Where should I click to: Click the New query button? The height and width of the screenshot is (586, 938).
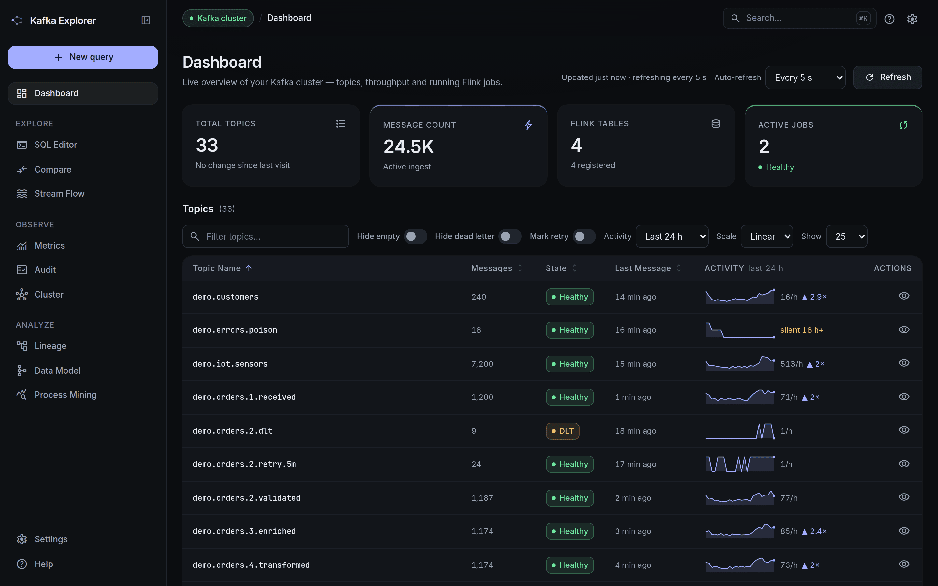point(83,57)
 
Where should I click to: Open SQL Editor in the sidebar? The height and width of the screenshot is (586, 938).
point(55,145)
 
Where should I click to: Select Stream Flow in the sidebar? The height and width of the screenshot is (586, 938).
point(59,193)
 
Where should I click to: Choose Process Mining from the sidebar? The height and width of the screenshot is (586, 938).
point(65,395)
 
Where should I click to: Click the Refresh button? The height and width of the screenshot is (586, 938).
point(888,77)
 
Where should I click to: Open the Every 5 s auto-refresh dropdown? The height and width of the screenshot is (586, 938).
point(805,77)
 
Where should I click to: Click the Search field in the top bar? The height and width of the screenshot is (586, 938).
point(799,18)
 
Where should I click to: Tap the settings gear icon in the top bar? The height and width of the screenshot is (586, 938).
point(912,19)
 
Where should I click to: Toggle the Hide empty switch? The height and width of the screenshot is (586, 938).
point(415,236)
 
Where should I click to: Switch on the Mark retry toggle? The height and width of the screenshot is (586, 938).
point(584,236)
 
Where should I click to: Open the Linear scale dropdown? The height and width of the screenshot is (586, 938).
point(767,236)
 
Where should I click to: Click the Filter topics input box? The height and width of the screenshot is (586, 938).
point(265,236)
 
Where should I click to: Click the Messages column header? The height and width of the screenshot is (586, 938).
point(491,268)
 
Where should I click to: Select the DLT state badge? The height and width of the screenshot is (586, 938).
point(562,431)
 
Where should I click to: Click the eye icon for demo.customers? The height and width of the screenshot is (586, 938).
point(904,296)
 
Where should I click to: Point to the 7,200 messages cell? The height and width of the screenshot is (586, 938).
point(482,364)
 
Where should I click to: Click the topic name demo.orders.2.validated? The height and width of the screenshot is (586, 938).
point(247,498)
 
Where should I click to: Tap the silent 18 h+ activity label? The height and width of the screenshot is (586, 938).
point(802,330)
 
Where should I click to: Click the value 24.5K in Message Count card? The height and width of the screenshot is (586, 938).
point(408,146)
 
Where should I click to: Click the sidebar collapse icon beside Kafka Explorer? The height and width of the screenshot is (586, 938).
point(146,20)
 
